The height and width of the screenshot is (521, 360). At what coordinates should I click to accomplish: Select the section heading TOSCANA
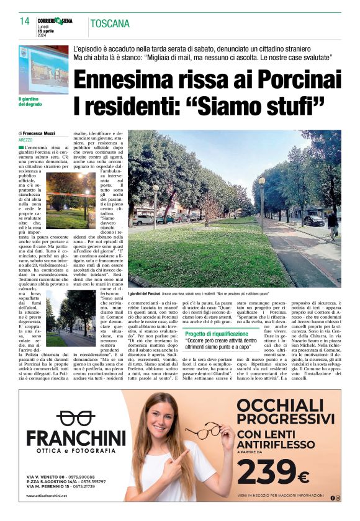tap(110, 24)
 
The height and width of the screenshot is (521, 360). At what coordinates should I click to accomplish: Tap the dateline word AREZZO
tap(25, 140)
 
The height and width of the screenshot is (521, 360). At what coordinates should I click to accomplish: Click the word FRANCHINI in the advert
tap(75, 437)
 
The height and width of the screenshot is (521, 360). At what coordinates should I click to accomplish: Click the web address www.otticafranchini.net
tap(47, 496)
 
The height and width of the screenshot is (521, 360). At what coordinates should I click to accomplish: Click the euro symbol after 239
tap(304, 477)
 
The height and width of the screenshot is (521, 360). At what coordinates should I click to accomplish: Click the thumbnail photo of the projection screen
tap(43, 69)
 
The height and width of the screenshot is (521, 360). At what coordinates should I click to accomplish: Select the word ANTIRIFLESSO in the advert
tap(276, 445)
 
